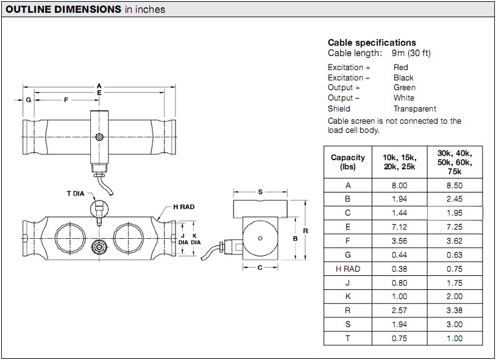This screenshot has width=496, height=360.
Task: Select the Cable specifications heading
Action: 372,43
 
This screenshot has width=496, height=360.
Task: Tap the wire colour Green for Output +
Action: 405,88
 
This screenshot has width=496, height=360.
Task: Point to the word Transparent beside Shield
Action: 414,108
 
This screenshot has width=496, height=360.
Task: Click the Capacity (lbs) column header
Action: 348,162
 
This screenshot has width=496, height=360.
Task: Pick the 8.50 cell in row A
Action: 455,185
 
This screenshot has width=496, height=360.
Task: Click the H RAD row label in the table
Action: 348,269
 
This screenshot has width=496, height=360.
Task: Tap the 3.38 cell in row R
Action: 455,311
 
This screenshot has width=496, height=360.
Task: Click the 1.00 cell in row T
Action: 455,338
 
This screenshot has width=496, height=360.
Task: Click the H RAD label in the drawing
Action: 183,207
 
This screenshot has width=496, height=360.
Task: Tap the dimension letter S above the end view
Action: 260,192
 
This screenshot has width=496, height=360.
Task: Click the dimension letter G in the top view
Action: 28,99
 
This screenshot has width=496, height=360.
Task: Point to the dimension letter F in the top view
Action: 66,99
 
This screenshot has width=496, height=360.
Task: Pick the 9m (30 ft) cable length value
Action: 411,53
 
